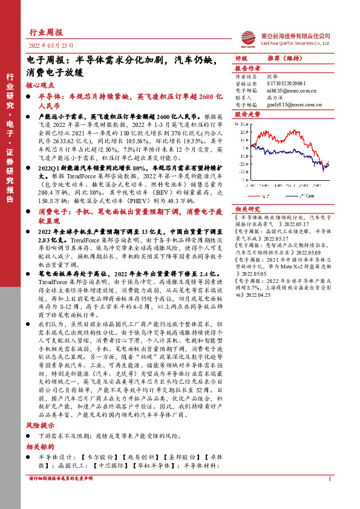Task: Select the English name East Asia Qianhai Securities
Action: (293, 43)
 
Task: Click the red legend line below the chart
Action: (255, 195)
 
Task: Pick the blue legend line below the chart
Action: (293, 195)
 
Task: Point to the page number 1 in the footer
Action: (329, 496)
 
